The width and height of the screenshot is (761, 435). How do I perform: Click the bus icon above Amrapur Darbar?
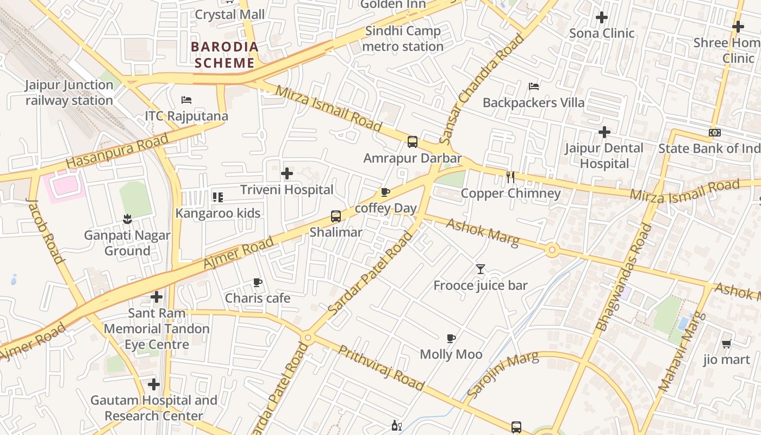pyautogui.click(x=413, y=142)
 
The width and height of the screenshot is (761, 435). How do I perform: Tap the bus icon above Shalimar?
pyautogui.click(x=336, y=216)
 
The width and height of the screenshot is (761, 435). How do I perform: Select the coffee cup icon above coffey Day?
pyautogui.click(x=385, y=192)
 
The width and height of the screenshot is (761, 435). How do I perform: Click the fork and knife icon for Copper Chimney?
pyautogui.click(x=510, y=177)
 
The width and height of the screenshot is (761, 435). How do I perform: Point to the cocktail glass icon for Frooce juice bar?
pyautogui.click(x=480, y=269)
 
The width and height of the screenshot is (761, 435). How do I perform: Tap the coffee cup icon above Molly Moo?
pyautogui.click(x=451, y=338)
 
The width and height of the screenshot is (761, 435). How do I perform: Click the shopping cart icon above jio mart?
pyautogui.click(x=726, y=344)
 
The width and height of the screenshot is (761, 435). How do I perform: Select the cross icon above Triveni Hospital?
pyautogui.click(x=286, y=173)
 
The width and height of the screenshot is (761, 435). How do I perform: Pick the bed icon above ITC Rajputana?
pyautogui.click(x=186, y=100)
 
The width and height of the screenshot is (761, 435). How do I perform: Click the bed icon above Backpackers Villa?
pyautogui.click(x=534, y=86)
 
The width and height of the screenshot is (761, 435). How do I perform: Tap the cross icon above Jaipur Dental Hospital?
pyautogui.click(x=604, y=132)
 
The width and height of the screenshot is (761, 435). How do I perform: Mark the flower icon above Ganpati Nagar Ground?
pyautogui.click(x=127, y=219)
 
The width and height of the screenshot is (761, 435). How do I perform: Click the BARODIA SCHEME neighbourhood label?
pyautogui.click(x=224, y=55)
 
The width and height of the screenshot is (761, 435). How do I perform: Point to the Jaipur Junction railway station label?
pyautogui.click(x=69, y=92)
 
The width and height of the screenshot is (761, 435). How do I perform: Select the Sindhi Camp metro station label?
pyautogui.click(x=403, y=39)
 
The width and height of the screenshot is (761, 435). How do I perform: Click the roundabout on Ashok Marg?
pyautogui.click(x=552, y=250)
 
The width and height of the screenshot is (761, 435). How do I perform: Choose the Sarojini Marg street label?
pyautogui.click(x=503, y=374)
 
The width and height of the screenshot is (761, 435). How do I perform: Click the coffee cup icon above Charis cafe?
pyautogui.click(x=258, y=282)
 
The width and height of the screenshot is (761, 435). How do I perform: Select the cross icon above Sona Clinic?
pyautogui.click(x=601, y=17)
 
